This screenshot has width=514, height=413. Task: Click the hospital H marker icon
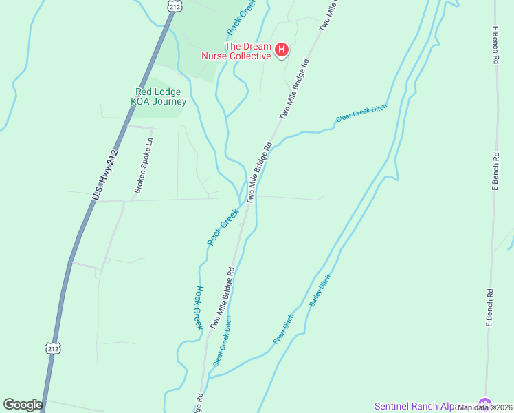(x=281, y=50)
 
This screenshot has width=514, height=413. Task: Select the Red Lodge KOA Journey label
(x=160, y=96)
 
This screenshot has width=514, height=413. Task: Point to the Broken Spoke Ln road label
(x=143, y=165)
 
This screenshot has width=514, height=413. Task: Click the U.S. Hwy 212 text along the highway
(x=106, y=176)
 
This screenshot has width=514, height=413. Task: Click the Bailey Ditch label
(x=320, y=290)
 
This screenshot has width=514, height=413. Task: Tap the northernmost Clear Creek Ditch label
(x=361, y=113)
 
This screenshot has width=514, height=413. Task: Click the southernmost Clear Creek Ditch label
(x=222, y=341)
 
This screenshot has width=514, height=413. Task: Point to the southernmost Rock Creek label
(x=198, y=308)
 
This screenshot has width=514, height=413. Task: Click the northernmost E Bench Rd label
(x=495, y=46)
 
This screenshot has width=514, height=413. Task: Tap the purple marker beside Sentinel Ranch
(x=486, y=403)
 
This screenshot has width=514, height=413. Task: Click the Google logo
(x=23, y=405)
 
